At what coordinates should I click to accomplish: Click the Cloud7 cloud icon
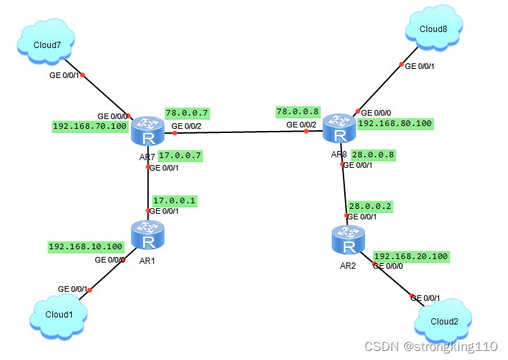[x=47, y=44]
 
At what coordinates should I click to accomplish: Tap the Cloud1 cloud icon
[x=60, y=314]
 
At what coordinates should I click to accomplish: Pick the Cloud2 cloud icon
[x=443, y=321]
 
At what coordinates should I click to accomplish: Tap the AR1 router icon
[x=148, y=237]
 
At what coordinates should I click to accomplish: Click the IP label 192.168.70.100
[x=89, y=127]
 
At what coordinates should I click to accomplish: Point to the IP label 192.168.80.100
[x=395, y=123]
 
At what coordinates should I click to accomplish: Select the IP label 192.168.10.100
[x=86, y=246]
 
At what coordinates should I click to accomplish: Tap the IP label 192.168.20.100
[x=411, y=256]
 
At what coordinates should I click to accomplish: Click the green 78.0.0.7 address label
[x=187, y=113]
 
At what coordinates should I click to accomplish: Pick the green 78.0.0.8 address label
[x=298, y=111]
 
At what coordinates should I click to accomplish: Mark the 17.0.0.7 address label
[x=180, y=155]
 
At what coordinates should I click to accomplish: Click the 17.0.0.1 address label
[x=175, y=201]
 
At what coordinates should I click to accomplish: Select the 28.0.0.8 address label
[x=374, y=155]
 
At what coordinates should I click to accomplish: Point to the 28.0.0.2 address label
[x=370, y=206]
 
